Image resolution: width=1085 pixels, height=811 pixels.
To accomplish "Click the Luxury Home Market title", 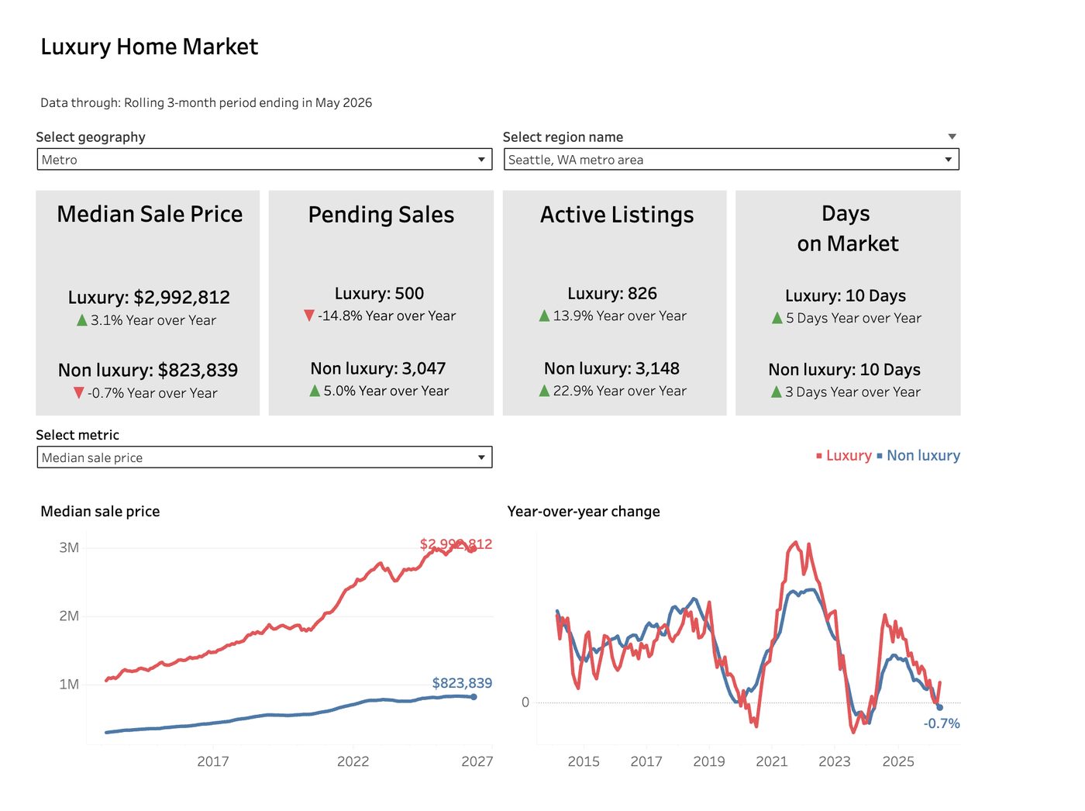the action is [149, 47].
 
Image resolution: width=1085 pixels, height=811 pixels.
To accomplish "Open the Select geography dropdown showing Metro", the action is [264, 159].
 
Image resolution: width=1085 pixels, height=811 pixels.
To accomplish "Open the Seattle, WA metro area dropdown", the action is [731, 159].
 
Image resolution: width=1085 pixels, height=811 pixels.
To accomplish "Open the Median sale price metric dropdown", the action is [264, 457].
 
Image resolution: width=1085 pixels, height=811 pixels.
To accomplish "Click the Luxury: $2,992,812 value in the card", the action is [149, 297].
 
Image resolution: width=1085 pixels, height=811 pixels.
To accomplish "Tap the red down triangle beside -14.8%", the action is [308, 315].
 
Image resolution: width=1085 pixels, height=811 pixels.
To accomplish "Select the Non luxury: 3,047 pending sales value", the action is [378, 368].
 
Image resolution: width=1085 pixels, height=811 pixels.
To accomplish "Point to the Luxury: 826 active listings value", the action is [612, 293].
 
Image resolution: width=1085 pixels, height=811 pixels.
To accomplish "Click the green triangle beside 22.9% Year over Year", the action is [544, 391].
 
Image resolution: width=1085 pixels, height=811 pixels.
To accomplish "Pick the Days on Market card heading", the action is [847, 229].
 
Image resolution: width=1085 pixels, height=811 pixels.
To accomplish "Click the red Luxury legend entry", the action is [843, 455].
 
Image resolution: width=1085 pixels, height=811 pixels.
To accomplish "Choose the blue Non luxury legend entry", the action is [918, 455].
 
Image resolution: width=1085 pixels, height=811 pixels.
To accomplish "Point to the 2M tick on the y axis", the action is [69, 616].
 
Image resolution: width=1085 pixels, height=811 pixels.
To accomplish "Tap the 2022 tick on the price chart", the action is [353, 761].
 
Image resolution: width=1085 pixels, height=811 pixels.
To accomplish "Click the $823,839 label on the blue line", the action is [462, 683].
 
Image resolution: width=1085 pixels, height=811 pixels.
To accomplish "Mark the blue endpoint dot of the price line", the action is [474, 697].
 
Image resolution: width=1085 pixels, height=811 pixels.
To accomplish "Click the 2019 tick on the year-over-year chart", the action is [709, 761].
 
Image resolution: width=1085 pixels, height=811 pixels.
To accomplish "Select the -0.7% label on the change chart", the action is [941, 723].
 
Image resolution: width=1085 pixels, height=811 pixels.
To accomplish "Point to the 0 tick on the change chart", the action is [525, 702].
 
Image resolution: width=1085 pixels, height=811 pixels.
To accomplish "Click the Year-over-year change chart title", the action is [584, 511].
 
